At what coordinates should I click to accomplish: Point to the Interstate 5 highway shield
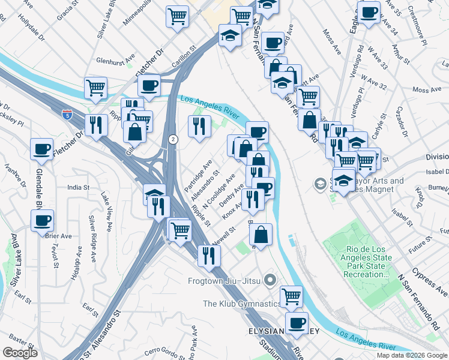(x=67, y=114)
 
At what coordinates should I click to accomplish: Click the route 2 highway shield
(x=172, y=139)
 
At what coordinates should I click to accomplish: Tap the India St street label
(x=78, y=188)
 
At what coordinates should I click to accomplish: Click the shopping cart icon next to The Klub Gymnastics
(x=291, y=295)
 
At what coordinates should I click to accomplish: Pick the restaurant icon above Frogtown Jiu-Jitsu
(x=209, y=256)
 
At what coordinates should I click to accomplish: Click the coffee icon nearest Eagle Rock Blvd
(x=369, y=11)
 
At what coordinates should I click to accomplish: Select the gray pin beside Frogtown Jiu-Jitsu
(x=270, y=280)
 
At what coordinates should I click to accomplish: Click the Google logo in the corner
(x=20, y=353)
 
